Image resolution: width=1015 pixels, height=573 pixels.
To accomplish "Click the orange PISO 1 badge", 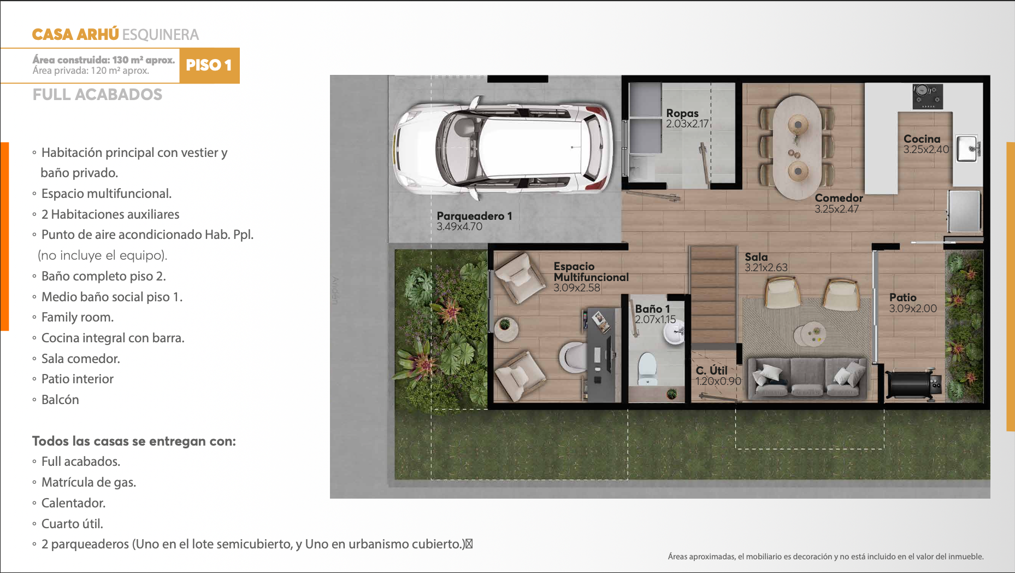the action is coord(209,66).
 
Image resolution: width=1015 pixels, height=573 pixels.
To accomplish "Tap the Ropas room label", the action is coord(682,113).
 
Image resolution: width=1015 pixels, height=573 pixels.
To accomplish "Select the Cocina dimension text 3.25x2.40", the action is coord(927,149).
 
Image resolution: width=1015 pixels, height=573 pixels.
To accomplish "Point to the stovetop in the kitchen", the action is coord(928,96).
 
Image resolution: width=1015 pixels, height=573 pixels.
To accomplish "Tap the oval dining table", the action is coord(798,147).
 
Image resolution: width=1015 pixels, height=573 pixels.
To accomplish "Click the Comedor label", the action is coord(839,198).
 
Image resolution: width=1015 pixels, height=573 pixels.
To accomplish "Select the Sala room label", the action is coord(756,257).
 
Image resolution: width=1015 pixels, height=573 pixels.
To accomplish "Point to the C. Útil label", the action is coord(712,370).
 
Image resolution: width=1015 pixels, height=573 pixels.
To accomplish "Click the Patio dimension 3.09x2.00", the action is coord(913,308).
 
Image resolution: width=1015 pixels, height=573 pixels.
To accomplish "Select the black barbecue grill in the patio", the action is coord(913,384).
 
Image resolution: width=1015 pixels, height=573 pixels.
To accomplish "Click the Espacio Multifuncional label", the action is coord(591,272).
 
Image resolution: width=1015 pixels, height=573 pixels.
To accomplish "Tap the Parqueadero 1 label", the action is coord(474,216).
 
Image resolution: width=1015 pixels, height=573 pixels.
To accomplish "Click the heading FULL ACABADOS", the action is coord(97,95).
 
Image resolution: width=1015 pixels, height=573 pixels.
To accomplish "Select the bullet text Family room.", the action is coord(78,317).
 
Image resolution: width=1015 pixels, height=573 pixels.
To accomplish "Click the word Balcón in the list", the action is coord(60,400).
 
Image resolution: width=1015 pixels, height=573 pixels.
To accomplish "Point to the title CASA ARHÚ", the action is coord(75,34).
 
